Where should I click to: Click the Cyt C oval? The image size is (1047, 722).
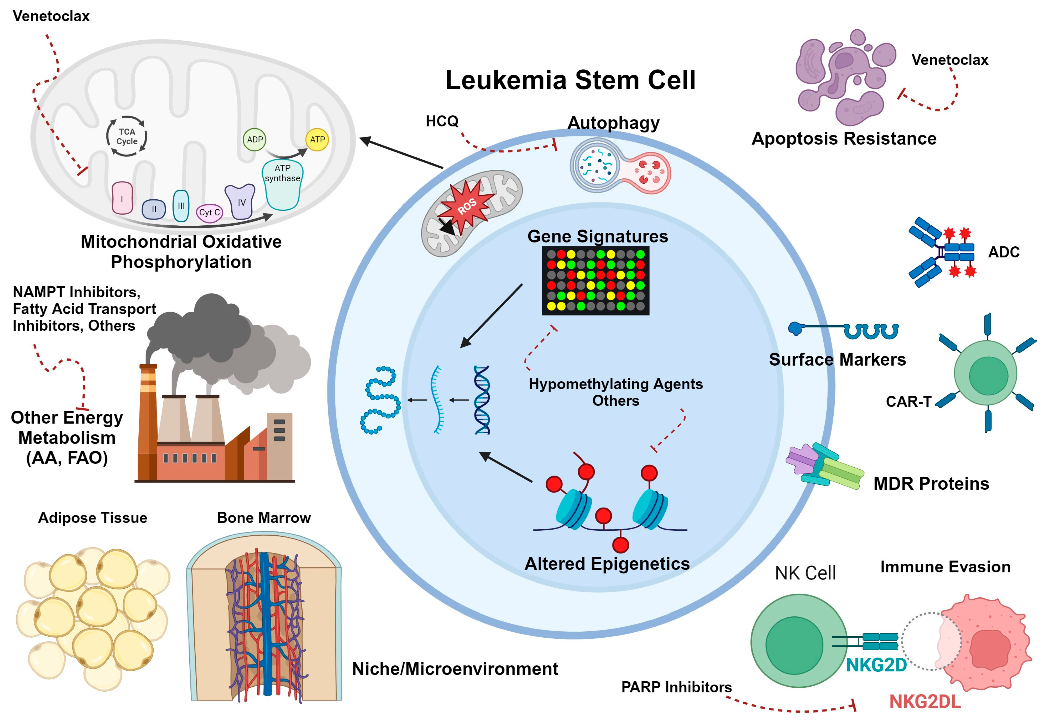[209, 212]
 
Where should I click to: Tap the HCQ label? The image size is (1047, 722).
[442, 121]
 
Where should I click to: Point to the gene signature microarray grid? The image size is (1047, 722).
[595, 280]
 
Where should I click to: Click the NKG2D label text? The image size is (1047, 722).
[876, 665]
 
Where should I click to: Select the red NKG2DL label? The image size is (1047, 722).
[924, 702]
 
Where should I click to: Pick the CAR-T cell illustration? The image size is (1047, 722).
[986, 373]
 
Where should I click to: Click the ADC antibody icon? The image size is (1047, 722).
[942, 252]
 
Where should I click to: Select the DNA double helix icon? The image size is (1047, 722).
[482, 400]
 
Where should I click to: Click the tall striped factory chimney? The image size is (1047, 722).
[148, 421]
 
